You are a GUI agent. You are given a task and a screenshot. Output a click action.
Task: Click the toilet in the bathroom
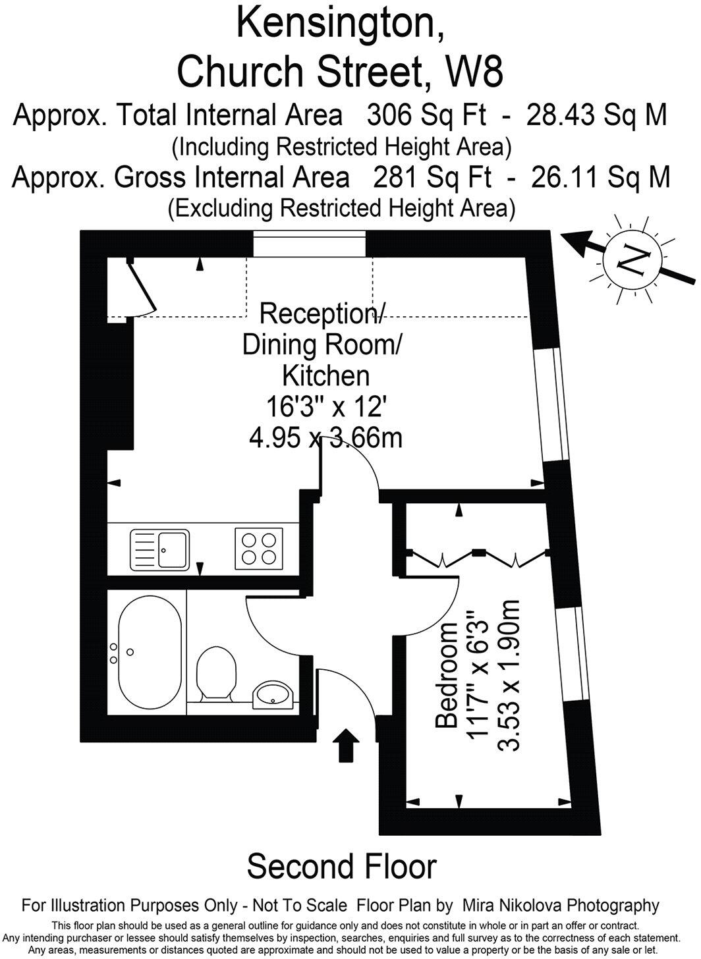coord(216,674)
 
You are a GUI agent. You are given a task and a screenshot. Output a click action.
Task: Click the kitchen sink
coord(160,550)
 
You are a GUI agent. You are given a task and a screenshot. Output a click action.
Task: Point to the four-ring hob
coord(259,549)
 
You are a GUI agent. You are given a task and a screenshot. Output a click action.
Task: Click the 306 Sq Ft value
coord(427,115)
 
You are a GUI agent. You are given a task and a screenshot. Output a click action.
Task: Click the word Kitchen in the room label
coord(326,375)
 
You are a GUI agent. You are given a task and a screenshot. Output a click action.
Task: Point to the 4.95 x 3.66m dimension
coord(326,439)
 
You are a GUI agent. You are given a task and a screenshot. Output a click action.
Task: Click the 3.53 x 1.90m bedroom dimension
coord(509,676)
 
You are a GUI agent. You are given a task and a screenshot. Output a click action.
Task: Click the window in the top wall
coord(309,244)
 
